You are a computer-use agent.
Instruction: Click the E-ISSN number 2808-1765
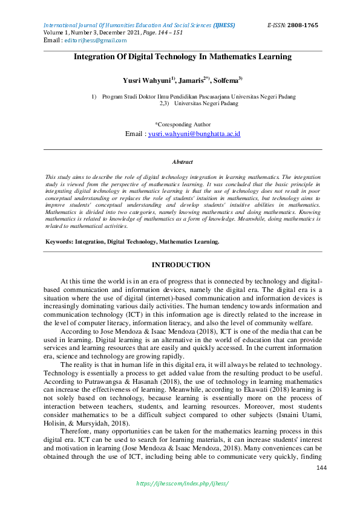(x=303, y=25)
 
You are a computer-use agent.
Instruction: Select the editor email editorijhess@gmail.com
(x=96, y=41)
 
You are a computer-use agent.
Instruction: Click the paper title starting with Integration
(x=182, y=57)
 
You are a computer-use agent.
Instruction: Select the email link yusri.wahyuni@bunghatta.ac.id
(x=194, y=134)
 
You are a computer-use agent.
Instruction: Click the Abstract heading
(x=182, y=162)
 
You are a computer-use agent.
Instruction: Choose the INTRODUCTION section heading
(x=181, y=265)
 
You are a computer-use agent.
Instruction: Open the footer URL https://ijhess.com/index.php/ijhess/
(x=182, y=484)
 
